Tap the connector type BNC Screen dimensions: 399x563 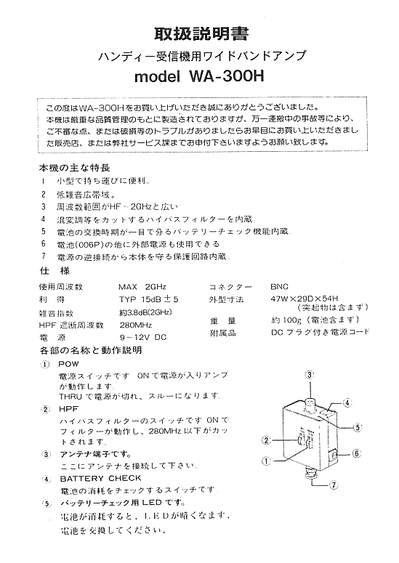[279, 286]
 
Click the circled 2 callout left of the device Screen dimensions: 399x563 [267, 440]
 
